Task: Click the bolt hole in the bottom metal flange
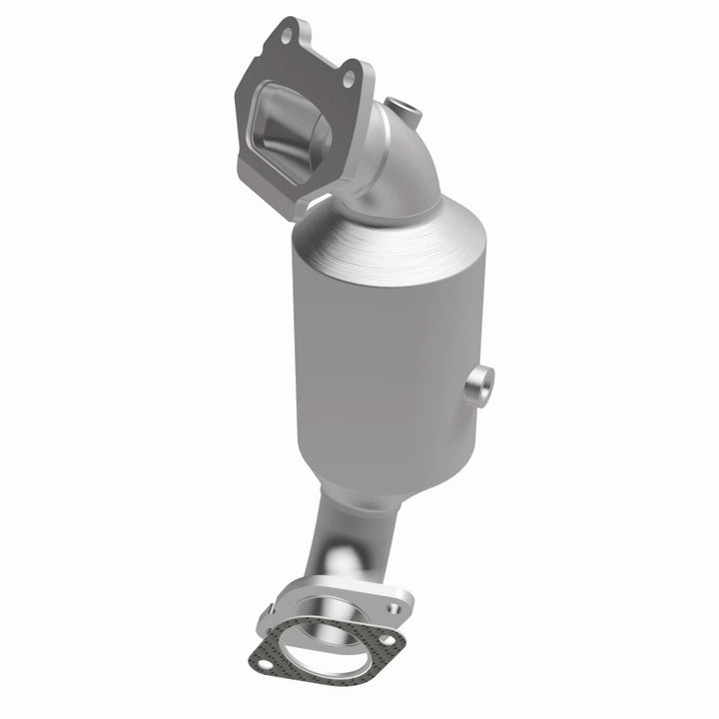[x=392, y=607]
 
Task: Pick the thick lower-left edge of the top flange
[x=245, y=160]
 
